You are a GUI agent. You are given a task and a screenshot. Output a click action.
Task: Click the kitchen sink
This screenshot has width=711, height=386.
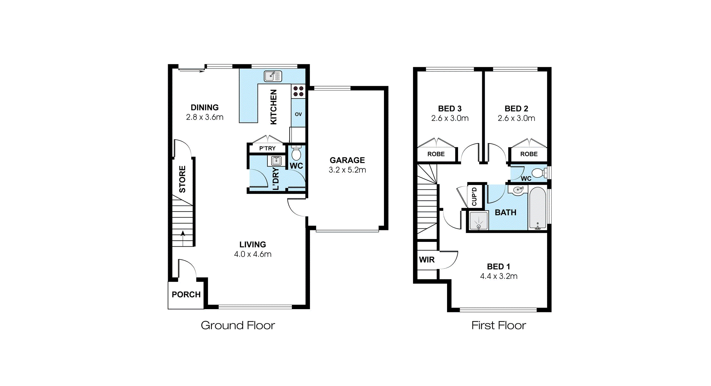click(273, 76)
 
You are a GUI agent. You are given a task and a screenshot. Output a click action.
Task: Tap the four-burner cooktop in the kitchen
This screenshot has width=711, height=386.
click(298, 91)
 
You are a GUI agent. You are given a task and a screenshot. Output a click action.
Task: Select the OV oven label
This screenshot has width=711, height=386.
click(298, 114)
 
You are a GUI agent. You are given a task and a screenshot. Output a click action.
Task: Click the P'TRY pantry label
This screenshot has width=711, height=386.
click(267, 148)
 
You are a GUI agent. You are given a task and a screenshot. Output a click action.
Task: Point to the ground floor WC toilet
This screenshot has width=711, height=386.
click(296, 153)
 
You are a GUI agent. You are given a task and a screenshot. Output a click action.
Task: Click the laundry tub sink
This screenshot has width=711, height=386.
click(276, 161)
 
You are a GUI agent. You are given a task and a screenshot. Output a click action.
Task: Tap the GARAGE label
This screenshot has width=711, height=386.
click(347, 160)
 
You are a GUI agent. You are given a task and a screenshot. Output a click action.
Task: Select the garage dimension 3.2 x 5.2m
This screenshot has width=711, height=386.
click(347, 170)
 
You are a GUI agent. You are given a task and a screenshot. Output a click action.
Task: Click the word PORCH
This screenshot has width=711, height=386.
click(186, 295)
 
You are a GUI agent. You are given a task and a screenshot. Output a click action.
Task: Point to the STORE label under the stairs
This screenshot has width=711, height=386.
click(182, 179)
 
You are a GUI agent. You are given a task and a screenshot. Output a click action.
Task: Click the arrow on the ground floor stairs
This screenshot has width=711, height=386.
click(183, 238)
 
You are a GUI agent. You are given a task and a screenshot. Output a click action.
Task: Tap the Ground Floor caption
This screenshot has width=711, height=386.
click(238, 326)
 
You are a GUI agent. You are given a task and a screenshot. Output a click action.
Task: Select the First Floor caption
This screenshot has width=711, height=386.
click(499, 326)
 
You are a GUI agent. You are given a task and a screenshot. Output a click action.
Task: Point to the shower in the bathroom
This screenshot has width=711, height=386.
click(479, 221)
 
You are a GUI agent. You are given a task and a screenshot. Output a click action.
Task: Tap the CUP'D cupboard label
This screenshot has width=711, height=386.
click(474, 197)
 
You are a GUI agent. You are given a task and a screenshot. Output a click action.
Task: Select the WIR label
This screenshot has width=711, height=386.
click(427, 260)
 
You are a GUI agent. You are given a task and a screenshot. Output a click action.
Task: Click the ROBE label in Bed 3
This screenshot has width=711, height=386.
click(436, 154)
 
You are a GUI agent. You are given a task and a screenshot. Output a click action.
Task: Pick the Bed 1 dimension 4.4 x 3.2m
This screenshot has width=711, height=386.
click(499, 276)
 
